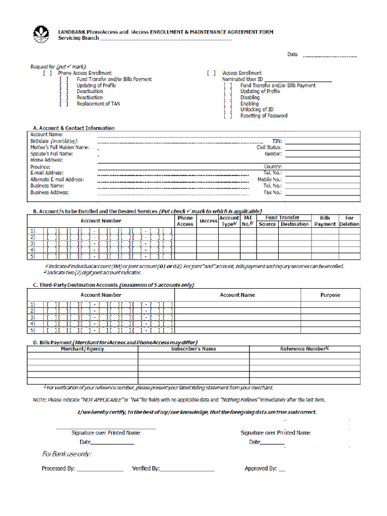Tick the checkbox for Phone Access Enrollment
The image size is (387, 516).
pos(47,73)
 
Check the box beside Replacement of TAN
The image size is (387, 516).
pos(63,104)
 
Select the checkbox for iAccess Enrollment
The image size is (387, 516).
pos(211,73)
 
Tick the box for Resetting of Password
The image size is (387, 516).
pos(228,116)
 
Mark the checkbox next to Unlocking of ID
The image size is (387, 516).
pos(228,110)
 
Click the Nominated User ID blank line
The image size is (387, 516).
pos(298,80)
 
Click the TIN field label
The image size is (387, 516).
pos(277,142)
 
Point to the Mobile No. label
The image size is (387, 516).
pos(270,179)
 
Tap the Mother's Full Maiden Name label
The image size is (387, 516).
pos(59,148)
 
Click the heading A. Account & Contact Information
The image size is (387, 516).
pos(74,128)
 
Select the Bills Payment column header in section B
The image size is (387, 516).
pos(325,221)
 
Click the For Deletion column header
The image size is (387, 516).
pos(349,221)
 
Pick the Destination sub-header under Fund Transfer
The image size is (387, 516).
pos(295,224)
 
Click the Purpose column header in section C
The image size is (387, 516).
pos(330,295)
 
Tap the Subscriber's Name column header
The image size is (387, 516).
pos(193,349)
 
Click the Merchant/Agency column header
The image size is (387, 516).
pos(82,349)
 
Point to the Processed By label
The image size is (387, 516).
pos(58,469)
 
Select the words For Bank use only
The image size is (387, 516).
pos(67,455)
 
